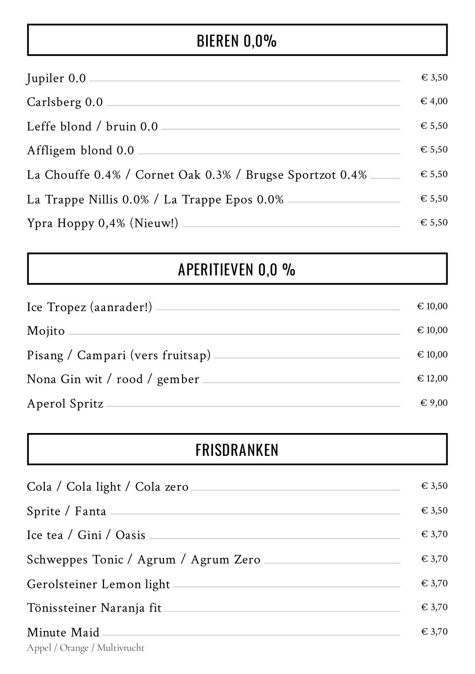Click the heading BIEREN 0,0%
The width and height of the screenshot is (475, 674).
pyautogui.click(x=237, y=41)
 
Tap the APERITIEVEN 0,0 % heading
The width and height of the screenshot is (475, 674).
pyautogui.click(x=237, y=270)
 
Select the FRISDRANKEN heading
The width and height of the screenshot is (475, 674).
pyautogui.click(x=237, y=450)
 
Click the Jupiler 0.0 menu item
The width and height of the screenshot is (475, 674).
pyautogui.click(x=56, y=78)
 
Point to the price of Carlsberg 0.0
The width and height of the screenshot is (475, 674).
pyautogui.click(x=434, y=101)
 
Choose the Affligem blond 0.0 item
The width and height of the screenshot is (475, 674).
pyautogui.click(x=80, y=150)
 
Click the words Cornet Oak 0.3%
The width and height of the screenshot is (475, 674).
pyautogui.click(x=183, y=175)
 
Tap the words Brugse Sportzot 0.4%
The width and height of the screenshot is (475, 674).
pyautogui.click(x=306, y=175)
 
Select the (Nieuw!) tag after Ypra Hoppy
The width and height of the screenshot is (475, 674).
pyautogui.click(x=154, y=223)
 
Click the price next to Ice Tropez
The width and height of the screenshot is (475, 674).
pyautogui.click(x=432, y=306)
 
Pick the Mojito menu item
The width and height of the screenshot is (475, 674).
pyautogui.click(x=46, y=331)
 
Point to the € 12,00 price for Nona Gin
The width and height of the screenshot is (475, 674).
pyautogui.click(x=432, y=378)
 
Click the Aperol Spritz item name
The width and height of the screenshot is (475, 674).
pyautogui.click(x=65, y=404)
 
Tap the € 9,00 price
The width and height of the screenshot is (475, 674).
pyautogui.click(x=434, y=403)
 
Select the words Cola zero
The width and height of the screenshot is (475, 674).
pyautogui.click(x=162, y=487)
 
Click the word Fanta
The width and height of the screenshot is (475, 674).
pyautogui.click(x=90, y=511)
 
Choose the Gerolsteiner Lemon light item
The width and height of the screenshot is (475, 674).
pyautogui.click(x=98, y=584)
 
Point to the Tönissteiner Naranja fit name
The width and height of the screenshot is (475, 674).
pyautogui.click(x=94, y=608)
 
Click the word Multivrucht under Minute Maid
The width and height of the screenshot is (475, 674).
pyautogui.click(x=121, y=648)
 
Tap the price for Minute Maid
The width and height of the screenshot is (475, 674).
pyautogui.click(x=434, y=632)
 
